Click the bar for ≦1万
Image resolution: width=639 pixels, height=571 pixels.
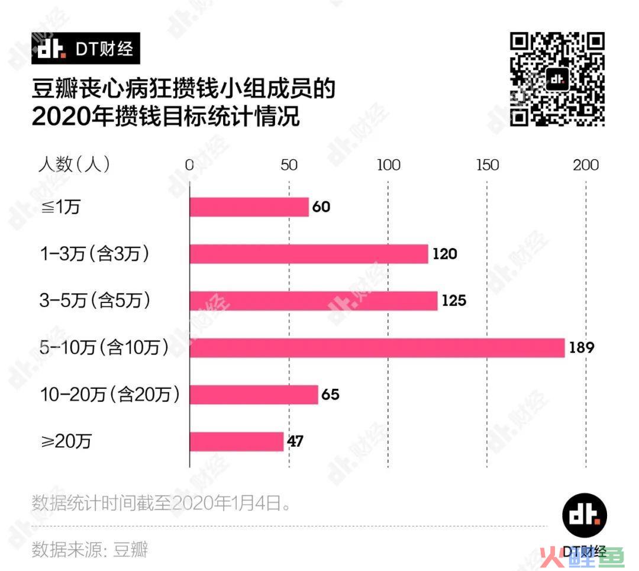pyautogui.click(x=249, y=207)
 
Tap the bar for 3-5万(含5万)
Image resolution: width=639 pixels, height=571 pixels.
pyautogui.click(x=314, y=301)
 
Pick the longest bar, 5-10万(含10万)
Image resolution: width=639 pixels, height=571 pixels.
pyautogui.click(x=377, y=347)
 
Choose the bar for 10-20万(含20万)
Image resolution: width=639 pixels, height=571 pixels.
pyautogui.click(x=254, y=394)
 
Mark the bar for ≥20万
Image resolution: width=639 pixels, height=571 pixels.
pyautogui.click(x=237, y=441)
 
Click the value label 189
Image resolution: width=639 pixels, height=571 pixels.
pyautogui.click(x=582, y=347)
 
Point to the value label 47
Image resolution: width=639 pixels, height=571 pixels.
pyautogui.click(x=295, y=441)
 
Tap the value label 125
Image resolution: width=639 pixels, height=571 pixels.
pyautogui.click(x=454, y=301)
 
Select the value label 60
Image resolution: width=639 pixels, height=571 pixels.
pyautogui.click(x=321, y=207)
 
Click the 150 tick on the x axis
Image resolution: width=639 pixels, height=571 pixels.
pyautogui.click(x=488, y=165)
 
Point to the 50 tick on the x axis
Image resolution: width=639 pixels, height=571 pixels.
pyautogui.click(x=289, y=165)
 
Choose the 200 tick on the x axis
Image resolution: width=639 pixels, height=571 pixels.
pyautogui.click(x=586, y=165)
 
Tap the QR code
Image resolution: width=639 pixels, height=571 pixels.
pyautogui.click(x=557, y=79)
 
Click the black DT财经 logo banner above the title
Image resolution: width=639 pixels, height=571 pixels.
pyautogui.click(x=86, y=49)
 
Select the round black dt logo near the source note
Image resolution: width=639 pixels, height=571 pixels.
pyautogui.click(x=584, y=515)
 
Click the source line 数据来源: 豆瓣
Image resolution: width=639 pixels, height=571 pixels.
pyautogui.click(x=89, y=549)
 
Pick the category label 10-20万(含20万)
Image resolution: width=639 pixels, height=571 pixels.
pyautogui.click(x=109, y=394)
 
